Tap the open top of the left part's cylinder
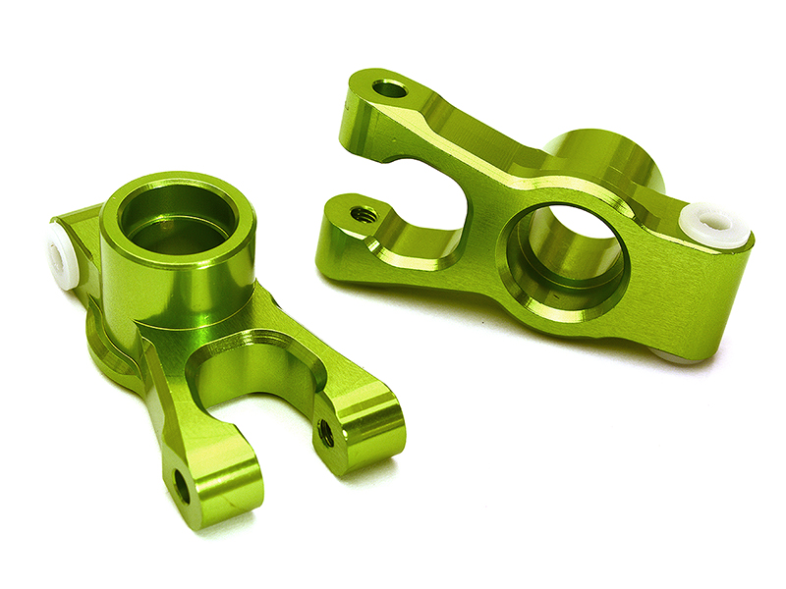coord(178,218)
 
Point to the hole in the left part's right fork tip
coord(326,433)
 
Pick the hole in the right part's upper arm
coord(390,90)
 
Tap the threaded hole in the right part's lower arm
coord(364,213)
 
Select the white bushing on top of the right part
coord(714,223)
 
